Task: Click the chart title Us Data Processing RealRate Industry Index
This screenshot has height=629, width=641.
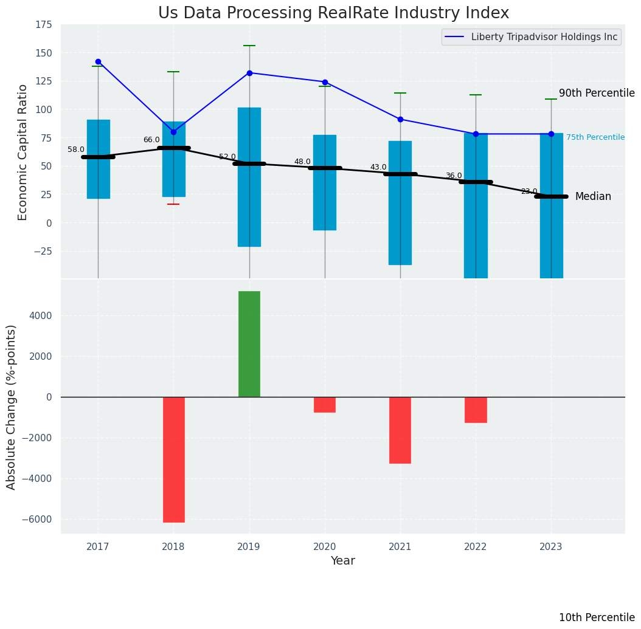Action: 333,13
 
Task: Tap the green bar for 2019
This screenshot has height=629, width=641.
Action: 249,344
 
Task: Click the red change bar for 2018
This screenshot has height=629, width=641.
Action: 173,459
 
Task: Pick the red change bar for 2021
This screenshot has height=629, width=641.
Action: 400,430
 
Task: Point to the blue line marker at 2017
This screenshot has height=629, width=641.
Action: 98,61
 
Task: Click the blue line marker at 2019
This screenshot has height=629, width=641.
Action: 249,73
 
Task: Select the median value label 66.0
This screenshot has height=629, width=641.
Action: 151,140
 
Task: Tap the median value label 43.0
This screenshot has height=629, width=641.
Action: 378,167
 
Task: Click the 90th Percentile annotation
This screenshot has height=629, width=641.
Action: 597,93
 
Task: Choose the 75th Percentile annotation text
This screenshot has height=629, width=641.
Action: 595,137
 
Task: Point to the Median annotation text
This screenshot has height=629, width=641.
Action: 593,196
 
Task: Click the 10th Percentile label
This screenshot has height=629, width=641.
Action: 597,617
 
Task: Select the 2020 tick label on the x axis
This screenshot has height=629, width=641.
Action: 325,547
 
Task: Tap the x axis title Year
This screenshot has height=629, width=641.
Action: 342,561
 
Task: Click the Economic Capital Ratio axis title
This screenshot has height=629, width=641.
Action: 23,152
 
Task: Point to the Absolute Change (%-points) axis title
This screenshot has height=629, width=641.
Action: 12,407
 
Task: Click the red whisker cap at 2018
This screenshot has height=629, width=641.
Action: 173,204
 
